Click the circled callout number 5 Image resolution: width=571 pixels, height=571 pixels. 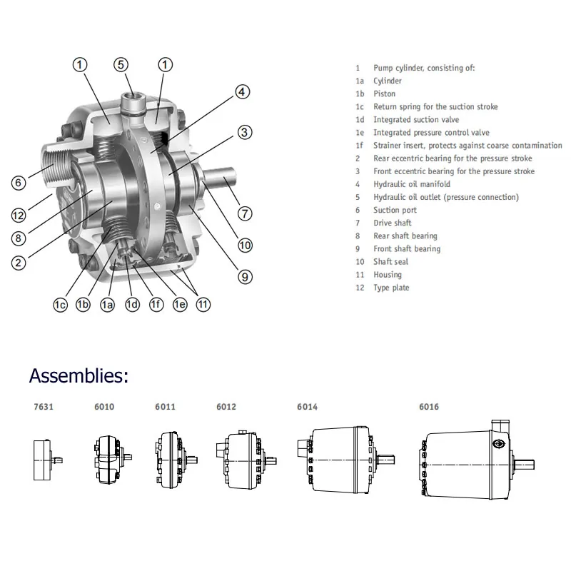point(122,65)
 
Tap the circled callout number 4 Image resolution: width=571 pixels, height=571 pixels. point(243,92)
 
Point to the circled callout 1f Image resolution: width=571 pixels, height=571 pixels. point(156,305)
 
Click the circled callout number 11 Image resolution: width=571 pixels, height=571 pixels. point(204,305)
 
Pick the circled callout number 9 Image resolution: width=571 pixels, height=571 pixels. point(245,277)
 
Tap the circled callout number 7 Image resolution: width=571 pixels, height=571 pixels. point(245,213)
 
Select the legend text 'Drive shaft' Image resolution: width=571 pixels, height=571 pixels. point(392,223)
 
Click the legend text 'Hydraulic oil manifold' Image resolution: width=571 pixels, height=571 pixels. point(411,184)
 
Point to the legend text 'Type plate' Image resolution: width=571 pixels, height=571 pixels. point(391,288)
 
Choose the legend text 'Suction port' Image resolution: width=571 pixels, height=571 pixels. point(395,210)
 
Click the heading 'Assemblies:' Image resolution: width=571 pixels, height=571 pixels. point(79,375)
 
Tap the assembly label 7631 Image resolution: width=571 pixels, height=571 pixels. point(43,407)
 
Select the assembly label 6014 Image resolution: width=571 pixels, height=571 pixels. point(307,407)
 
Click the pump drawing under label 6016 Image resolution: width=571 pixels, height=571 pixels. point(475,464)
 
